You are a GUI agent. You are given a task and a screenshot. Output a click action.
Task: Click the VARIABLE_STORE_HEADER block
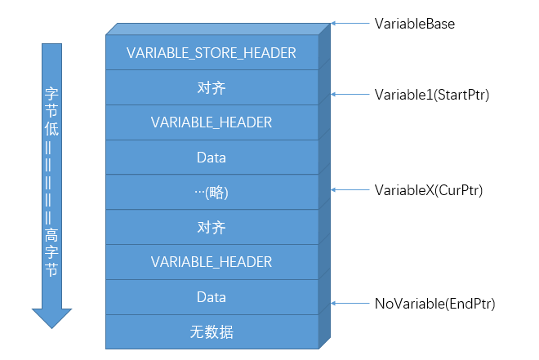[212, 53]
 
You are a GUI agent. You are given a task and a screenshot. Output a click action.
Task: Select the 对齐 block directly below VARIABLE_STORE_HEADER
[212, 87]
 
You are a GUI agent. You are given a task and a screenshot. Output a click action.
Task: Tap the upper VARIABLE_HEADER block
[212, 122]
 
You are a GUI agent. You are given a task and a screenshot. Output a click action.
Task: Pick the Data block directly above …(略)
[212, 158]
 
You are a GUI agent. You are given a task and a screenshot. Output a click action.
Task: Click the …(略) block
[212, 193]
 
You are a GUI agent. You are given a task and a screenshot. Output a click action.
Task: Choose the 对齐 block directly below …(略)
[212, 227]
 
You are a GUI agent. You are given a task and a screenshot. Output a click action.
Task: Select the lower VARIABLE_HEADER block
[212, 262]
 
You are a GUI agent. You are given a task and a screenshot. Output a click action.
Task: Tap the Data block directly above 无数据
[212, 297]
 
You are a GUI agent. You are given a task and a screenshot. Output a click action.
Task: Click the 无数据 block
[212, 331]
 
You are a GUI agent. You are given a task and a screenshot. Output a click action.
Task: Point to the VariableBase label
[414, 24]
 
